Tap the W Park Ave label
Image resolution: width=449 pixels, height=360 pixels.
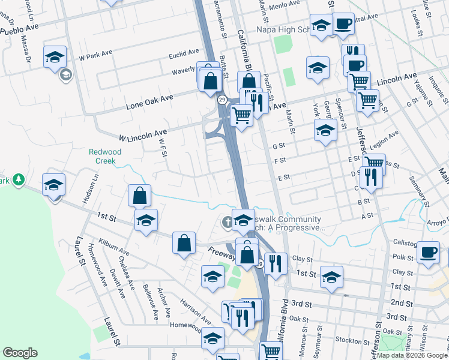96,58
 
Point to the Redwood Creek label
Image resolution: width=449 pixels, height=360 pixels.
105,157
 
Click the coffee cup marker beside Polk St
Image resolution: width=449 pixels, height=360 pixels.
428,252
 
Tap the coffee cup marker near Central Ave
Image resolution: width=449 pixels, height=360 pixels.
343,23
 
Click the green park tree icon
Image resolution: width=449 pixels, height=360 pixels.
19,179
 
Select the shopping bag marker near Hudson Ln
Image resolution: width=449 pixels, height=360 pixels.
139,195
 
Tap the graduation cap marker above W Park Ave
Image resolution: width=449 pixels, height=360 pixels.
55,57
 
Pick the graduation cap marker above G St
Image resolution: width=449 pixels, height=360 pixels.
325,130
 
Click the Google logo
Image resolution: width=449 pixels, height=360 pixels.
20,353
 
